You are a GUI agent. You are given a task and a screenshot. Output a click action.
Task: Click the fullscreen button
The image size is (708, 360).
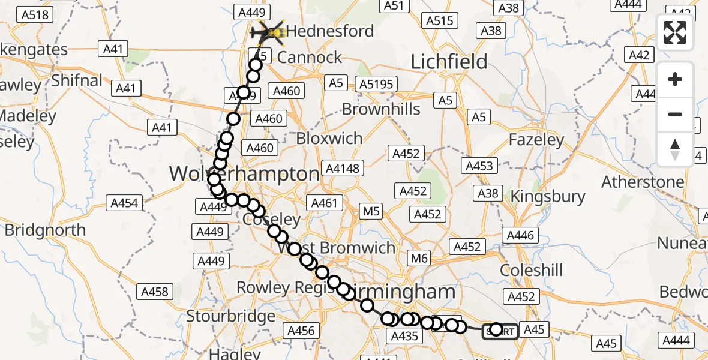tap(675, 32)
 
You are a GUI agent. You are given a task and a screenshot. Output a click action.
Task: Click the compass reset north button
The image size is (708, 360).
tap(675, 149)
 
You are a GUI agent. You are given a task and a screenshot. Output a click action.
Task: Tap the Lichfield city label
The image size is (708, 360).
tap(449, 61)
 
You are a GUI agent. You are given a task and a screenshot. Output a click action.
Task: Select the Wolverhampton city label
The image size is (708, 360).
tap(244, 175)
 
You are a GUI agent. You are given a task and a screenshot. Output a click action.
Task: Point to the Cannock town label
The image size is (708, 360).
tap(310, 58)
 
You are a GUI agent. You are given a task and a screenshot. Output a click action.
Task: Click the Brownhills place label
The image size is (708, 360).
tap(381, 109)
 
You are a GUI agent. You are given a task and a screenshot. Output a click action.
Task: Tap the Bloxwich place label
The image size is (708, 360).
tap(329, 138)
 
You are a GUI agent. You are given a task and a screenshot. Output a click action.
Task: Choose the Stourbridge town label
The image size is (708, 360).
tap(230, 316)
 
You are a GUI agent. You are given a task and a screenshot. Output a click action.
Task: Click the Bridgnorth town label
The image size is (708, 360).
tap(46, 230)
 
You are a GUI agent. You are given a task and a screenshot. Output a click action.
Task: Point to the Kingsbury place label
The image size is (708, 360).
tap(547, 196)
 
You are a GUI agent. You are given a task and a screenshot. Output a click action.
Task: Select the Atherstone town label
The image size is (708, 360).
tap(643, 181)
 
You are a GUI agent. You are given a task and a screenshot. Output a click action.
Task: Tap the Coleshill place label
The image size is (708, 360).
tap(532, 270)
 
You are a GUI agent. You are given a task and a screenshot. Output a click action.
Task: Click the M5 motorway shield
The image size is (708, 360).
tap(371, 211)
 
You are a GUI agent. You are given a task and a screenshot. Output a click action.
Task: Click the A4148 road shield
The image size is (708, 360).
tap(343, 168)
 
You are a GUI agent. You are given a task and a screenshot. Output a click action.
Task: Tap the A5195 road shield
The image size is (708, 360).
tap(377, 84)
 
